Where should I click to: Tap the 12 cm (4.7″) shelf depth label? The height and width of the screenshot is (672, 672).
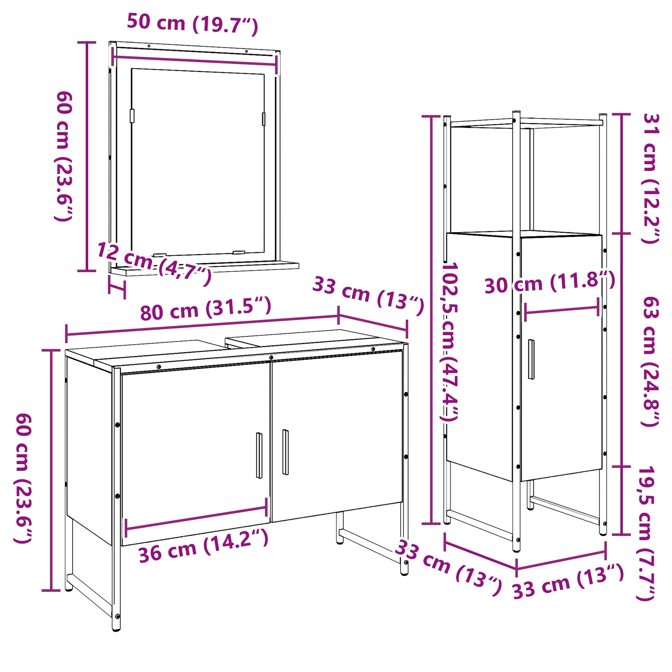[154, 264]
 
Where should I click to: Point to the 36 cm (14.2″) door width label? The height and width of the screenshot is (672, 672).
[203, 545]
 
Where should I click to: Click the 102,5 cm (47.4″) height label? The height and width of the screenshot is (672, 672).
[449, 341]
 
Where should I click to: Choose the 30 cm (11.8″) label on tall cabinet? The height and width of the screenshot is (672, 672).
[550, 282]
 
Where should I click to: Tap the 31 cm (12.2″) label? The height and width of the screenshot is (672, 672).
[651, 178]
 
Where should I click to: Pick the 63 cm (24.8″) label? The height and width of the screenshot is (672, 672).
[651, 361]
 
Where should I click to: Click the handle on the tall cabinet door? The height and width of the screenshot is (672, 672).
[531, 359]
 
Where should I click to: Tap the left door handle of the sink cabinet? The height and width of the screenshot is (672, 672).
[259, 455]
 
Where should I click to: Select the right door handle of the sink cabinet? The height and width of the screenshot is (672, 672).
[286, 452]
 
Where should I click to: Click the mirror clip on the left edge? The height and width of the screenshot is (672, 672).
[132, 116]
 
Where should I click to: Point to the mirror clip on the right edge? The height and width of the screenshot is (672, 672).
[264, 119]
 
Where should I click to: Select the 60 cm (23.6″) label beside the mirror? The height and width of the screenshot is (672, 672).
[64, 156]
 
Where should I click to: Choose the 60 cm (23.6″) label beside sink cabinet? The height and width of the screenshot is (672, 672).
[24, 478]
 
